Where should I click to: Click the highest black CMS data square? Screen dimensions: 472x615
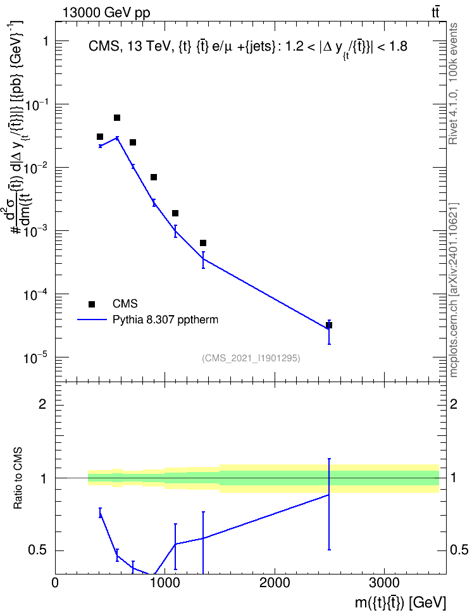pyautogui.click(x=117, y=118)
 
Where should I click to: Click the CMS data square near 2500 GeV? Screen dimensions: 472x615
pyautogui.click(x=329, y=325)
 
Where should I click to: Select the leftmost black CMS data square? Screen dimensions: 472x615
pyautogui.click(x=100, y=137)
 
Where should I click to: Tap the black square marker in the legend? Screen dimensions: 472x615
pyautogui.click(x=92, y=304)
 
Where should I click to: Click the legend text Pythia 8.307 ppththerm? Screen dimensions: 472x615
pyautogui.click(x=165, y=320)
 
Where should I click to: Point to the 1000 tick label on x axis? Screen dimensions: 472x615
pyautogui.click(x=165, y=583)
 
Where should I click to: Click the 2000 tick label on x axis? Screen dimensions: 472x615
pyautogui.click(x=274, y=583)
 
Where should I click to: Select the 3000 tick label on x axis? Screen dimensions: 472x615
pyautogui.click(x=383, y=583)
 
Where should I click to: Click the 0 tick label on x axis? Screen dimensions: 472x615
pyautogui.click(x=55, y=583)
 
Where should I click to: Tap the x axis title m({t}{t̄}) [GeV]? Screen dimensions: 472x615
pyautogui.click(x=401, y=602)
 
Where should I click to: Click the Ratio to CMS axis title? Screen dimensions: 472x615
pyautogui.click(x=18, y=478)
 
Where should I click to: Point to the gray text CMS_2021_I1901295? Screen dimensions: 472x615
pyautogui.click(x=251, y=358)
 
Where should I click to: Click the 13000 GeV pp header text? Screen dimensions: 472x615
pyautogui.click(x=106, y=13)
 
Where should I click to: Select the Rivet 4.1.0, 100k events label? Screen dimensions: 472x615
pyautogui.click(x=453, y=84)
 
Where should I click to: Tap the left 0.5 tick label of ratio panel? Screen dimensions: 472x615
pyautogui.click(x=38, y=550)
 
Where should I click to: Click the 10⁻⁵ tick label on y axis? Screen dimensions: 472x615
pyautogui.click(x=35, y=357)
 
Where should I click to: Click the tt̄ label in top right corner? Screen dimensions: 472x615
pyautogui.click(x=435, y=13)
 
